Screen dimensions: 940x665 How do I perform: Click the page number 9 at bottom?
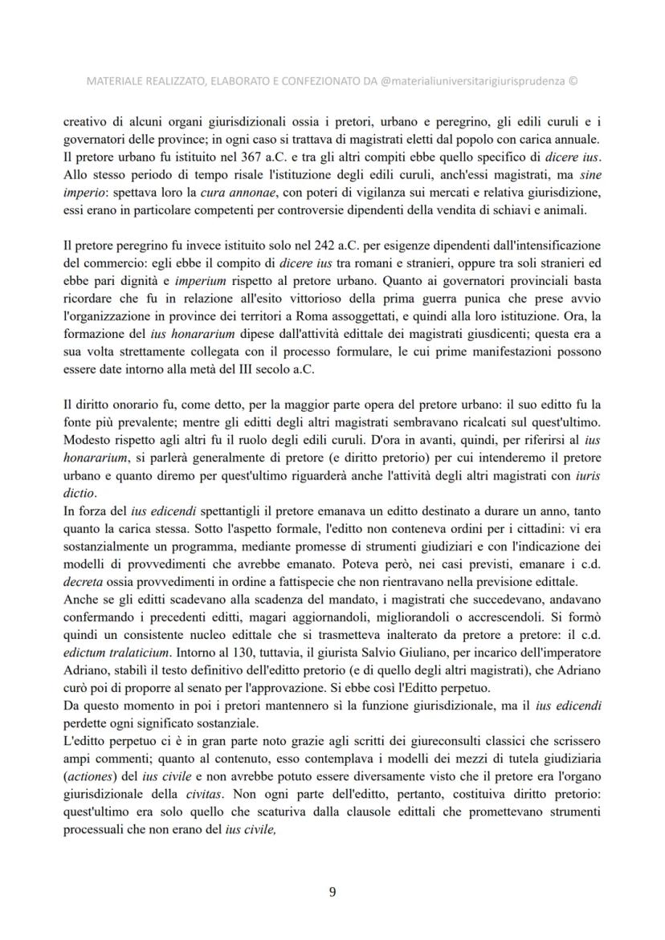332,890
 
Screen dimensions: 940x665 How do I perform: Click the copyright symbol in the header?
573,81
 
